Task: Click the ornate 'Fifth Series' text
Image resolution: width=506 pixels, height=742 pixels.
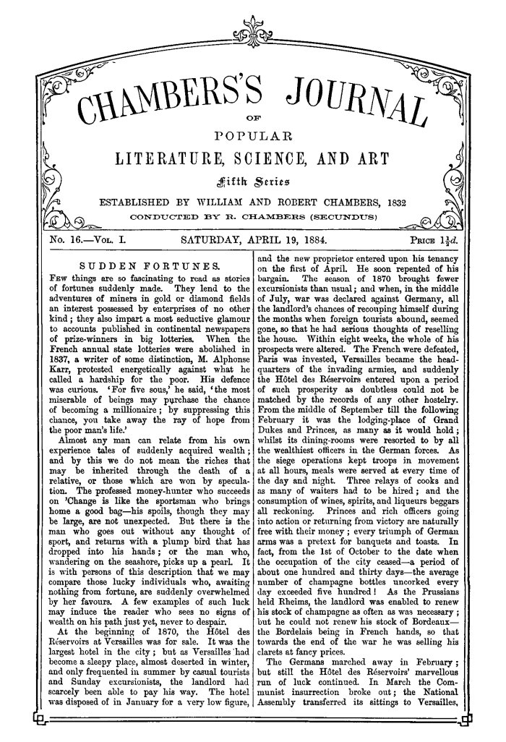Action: point(253,179)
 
